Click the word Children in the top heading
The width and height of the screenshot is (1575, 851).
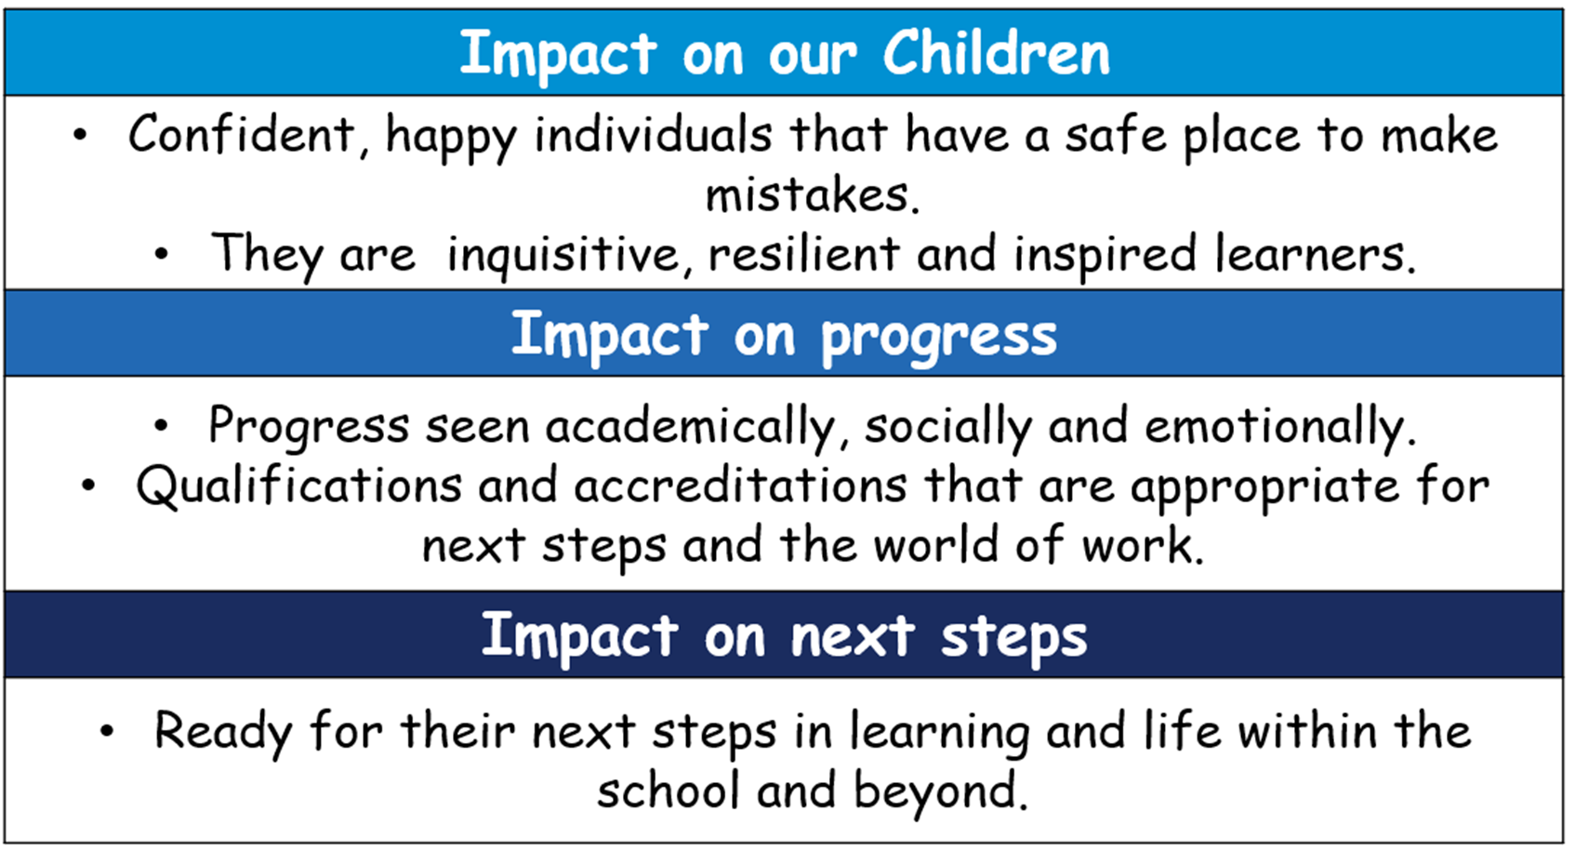997,53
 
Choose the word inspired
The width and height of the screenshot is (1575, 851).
1105,254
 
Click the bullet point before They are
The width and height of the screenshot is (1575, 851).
162,254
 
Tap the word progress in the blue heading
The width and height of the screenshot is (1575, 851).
939,337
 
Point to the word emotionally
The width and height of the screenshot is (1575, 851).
1279,426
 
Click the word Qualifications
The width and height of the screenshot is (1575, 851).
298,485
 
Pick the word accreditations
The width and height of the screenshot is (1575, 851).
741,486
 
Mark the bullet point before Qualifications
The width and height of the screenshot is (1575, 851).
88,485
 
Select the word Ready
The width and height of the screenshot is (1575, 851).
223,731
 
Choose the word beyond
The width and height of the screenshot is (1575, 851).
942,791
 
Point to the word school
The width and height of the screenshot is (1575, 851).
668,791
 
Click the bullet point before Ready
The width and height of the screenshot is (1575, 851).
106,731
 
